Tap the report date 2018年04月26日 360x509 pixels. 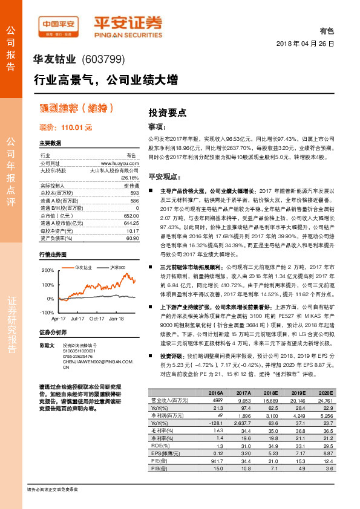click(x=306, y=44)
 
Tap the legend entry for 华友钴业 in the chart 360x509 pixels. click(x=83, y=267)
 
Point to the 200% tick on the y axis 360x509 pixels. click(x=47, y=271)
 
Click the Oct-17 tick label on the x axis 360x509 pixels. click(x=97, y=317)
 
